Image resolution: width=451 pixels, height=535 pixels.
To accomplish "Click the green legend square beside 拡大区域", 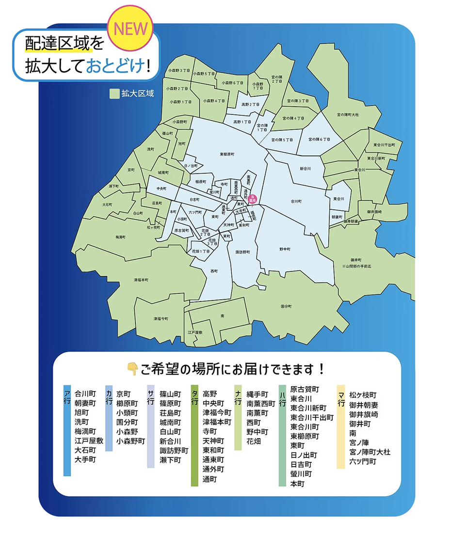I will (114, 94).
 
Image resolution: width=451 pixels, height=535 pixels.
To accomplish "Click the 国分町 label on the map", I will (286, 306).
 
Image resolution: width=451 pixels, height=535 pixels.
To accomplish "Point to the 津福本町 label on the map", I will (141, 280).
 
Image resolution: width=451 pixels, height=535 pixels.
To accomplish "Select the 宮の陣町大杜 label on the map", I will (348, 115).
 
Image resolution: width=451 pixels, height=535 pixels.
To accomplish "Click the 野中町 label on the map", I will (285, 249).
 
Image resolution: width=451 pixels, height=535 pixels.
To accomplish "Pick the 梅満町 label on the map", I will (120, 237).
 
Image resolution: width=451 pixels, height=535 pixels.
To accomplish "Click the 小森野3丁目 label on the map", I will (178, 71).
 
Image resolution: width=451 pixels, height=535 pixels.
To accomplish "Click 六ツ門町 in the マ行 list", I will (362, 461).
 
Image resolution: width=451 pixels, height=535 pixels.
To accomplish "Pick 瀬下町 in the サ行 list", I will (170, 459).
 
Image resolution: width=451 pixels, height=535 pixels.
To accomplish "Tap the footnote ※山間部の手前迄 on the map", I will (356, 267).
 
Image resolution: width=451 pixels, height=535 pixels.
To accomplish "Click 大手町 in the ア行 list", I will (85, 459).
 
